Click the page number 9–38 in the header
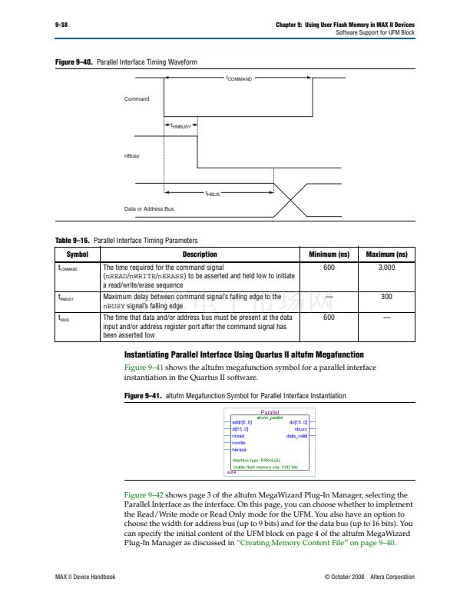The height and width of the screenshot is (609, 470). [x=61, y=25]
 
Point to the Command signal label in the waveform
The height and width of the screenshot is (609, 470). [x=137, y=99]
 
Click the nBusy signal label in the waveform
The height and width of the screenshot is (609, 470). [x=132, y=155]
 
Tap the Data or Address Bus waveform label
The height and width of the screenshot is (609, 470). [x=149, y=209]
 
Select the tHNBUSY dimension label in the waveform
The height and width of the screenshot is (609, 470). [x=180, y=125]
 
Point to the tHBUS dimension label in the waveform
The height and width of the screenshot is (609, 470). [x=213, y=194]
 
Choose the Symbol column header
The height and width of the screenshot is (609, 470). [x=78, y=255]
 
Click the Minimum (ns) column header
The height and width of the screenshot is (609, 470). [x=329, y=255]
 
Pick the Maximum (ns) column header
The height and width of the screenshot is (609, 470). [x=386, y=255]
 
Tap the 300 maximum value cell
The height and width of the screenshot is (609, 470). [x=386, y=295]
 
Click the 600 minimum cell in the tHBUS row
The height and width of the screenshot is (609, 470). [x=329, y=317]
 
